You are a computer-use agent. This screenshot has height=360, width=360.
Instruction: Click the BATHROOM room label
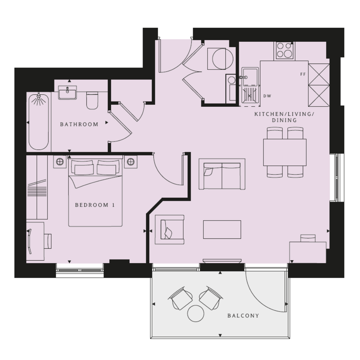(x=79, y=124)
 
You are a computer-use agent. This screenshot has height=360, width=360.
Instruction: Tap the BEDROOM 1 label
(x=95, y=205)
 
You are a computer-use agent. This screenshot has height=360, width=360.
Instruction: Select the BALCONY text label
(x=243, y=316)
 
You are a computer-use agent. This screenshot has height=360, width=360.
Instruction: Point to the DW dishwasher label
(x=267, y=96)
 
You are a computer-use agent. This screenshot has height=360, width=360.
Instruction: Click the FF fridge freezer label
(x=303, y=74)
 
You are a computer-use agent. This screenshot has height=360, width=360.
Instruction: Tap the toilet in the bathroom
(x=92, y=100)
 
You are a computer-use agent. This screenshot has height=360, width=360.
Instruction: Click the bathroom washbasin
(x=67, y=92)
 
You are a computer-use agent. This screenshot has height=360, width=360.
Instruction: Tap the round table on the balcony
(x=196, y=313)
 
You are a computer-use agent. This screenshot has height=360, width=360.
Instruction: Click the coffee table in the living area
(x=222, y=229)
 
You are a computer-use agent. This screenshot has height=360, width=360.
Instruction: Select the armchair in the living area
(x=170, y=229)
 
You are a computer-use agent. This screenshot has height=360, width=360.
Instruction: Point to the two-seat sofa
(x=222, y=174)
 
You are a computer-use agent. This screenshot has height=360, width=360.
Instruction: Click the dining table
(x=285, y=152)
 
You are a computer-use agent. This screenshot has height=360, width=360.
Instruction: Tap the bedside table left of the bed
(x=60, y=162)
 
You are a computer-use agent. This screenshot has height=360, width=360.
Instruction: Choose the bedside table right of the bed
(x=131, y=162)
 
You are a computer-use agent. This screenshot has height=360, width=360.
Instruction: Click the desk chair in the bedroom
(x=48, y=241)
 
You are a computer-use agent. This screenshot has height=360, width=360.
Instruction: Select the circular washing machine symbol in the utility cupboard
(x=223, y=59)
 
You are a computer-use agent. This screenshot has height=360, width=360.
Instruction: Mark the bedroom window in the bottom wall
(x=80, y=270)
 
